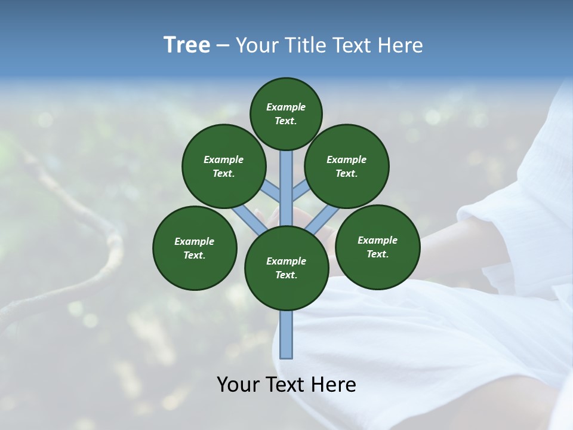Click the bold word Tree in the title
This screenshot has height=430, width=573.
coord(187,45)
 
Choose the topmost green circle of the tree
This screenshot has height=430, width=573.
coord(286,113)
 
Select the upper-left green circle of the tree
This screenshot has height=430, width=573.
coord(224,166)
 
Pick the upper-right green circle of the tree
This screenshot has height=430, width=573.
coord(347,166)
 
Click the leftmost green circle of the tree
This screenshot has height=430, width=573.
coord(195,248)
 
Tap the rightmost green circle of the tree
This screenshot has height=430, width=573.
coord(378,247)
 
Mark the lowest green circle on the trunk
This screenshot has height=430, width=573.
coord(286,268)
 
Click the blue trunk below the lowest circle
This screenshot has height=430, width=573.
coord(286,334)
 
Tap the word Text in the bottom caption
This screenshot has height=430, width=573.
coord(285,385)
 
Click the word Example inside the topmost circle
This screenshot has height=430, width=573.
coord(286,107)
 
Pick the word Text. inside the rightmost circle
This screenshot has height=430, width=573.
coord(377,254)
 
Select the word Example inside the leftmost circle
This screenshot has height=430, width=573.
coord(194,241)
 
